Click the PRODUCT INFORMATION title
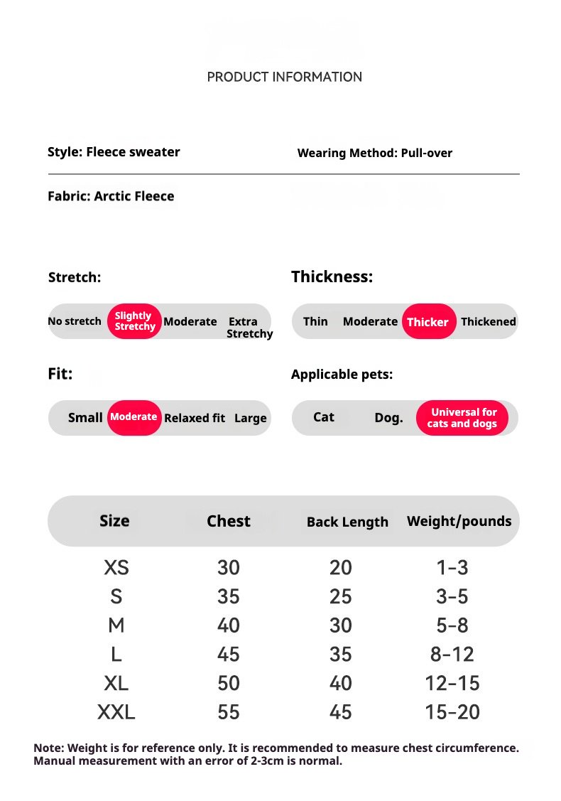[x=284, y=77]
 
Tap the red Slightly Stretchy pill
[x=134, y=321]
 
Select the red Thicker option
[x=428, y=322]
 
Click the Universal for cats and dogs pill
[x=462, y=417]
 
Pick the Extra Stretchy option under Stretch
[x=249, y=328]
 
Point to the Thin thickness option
[x=315, y=321]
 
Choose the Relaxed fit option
[x=195, y=418]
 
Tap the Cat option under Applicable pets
[x=324, y=417]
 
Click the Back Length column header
[x=347, y=522]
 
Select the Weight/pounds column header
[x=459, y=521]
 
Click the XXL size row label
[x=116, y=711]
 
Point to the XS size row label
[x=116, y=568]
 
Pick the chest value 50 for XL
[x=229, y=683]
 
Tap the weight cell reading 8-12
[x=453, y=654]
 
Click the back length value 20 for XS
[x=341, y=568]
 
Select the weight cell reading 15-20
[x=453, y=711]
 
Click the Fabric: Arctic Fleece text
[x=111, y=196]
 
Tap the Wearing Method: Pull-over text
[x=374, y=153]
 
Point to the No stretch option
[x=75, y=321]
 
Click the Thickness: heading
[x=332, y=276]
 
